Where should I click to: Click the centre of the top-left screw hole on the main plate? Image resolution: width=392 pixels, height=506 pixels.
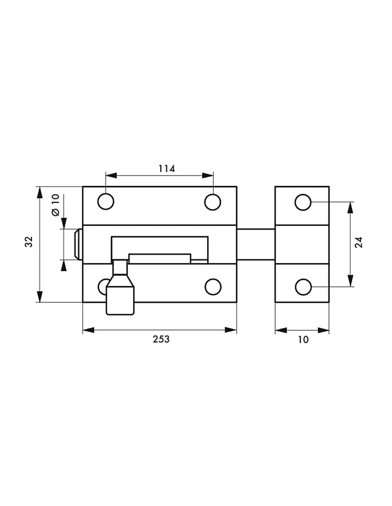click(106, 202)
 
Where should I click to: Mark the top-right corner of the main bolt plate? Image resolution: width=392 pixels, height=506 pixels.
click(237, 186)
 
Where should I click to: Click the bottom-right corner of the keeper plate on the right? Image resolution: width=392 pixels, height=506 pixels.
click(329, 302)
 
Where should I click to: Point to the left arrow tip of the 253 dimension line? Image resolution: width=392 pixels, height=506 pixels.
click(83, 330)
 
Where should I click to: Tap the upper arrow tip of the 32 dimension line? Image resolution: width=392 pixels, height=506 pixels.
click(40, 187)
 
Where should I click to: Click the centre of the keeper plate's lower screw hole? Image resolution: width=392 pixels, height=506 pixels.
click(303, 287)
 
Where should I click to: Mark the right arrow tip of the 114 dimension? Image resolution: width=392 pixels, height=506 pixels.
click(213, 175)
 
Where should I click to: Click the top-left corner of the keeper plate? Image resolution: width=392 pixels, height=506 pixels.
click(275, 186)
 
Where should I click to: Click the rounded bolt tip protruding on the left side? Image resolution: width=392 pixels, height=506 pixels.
click(78, 244)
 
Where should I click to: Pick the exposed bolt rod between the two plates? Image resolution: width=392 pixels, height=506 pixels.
click(256, 244)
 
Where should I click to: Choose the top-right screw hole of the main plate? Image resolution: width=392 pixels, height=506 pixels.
click(213, 202)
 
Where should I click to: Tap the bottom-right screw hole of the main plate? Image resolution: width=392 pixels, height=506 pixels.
click(213, 287)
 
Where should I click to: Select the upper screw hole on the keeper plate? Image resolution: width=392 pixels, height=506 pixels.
click(303, 202)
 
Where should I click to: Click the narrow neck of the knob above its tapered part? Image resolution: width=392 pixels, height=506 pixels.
click(120, 268)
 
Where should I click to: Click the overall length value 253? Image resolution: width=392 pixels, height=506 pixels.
click(161, 339)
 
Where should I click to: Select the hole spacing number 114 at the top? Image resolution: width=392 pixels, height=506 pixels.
click(167, 168)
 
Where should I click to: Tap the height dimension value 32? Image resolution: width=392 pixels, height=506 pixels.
click(29, 242)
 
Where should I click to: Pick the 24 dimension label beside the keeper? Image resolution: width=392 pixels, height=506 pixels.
click(359, 243)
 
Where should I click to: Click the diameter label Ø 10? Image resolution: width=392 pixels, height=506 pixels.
click(56, 205)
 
